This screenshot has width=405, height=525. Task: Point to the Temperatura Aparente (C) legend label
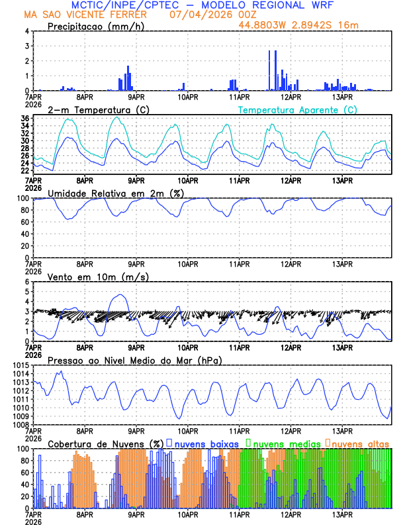(x=297, y=109)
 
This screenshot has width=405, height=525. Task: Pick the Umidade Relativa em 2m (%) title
(x=115, y=193)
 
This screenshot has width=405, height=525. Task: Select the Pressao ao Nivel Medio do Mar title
(x=134, y=360)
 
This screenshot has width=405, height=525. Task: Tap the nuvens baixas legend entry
(x=206, y=443)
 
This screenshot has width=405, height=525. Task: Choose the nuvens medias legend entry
(x=285, y=443)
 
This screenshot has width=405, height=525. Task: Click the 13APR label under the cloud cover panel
(x=341, y=514)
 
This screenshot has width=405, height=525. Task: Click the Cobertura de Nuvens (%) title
(x=106, y=443)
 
